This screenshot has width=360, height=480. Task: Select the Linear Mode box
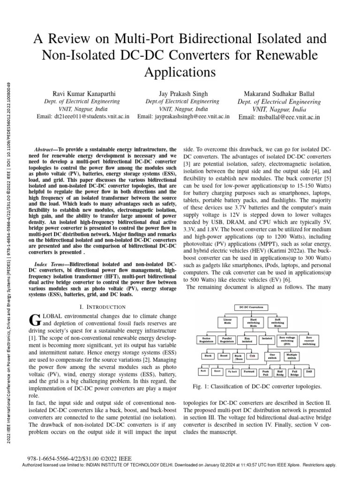click(227, 322)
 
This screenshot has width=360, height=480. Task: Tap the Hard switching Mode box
click(253, 322)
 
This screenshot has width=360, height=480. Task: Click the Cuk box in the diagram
click(252, 356)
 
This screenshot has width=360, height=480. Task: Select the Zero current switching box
click(309, 339)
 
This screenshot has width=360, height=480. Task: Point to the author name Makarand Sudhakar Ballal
click(278, 93)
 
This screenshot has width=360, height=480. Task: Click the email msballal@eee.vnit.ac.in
click(279, 117)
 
